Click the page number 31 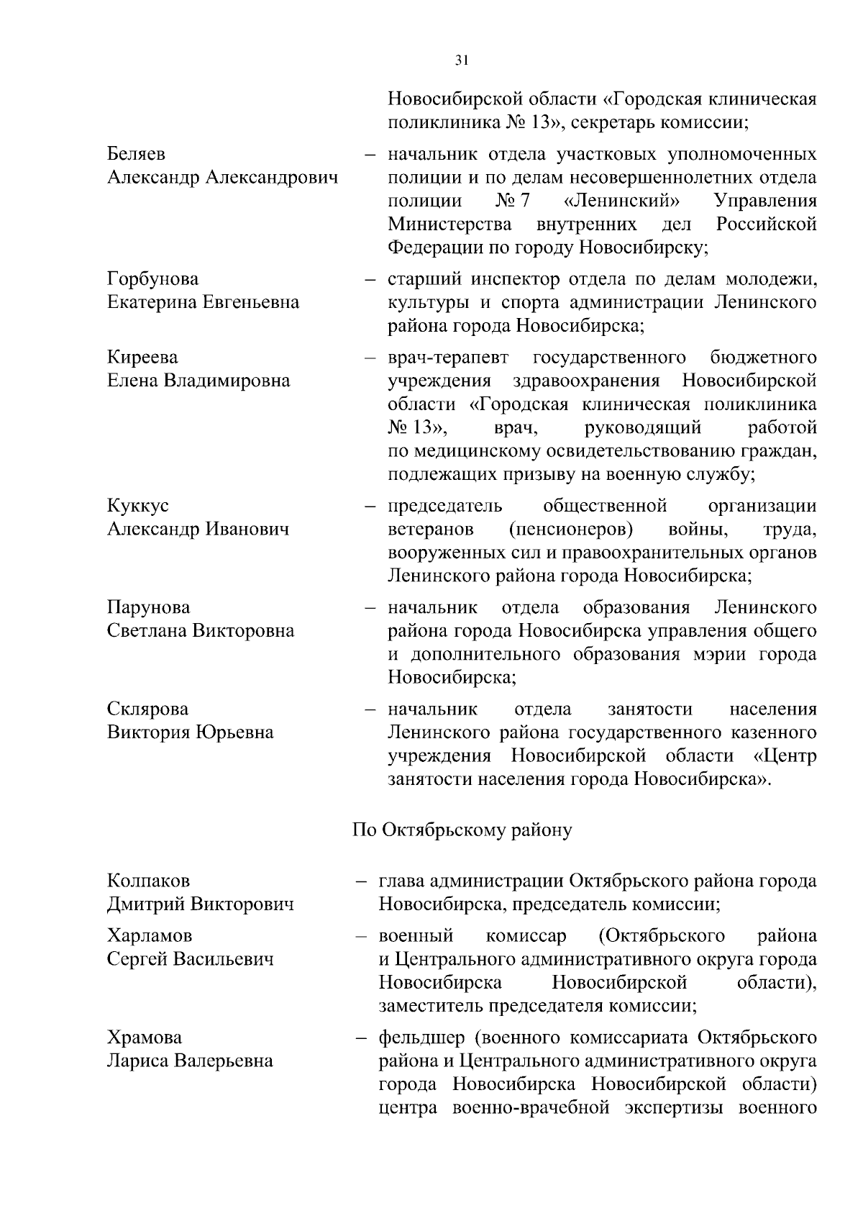[462, 61]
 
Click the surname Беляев [136, 154]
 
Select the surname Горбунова [153, 279]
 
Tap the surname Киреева [142, 358]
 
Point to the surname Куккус [138, 506]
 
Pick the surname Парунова [149, 608]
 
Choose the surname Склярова [147, 709]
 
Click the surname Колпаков [149, 881]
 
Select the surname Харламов [150, 936]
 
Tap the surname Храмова [145, 1038]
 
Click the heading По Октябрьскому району [462, 830]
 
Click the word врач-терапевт [447, 358]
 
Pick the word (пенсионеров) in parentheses [571, 530]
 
